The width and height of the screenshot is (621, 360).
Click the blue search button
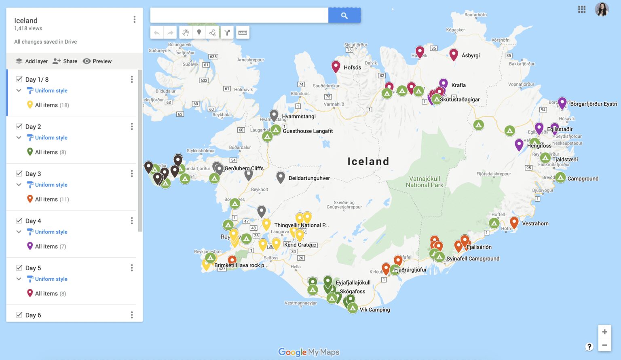344,15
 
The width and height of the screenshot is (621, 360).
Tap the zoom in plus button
604,332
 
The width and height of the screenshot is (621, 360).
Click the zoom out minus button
604,345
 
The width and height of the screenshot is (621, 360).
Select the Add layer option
32,61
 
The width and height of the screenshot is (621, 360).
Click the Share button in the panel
65,61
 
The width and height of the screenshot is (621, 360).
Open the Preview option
97,61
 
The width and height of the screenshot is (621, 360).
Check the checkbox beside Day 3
19,173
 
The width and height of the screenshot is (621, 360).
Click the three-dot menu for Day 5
132,268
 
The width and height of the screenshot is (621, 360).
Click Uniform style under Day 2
51,138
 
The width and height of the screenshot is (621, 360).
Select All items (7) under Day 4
50,246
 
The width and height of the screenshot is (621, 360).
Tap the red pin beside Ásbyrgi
454,54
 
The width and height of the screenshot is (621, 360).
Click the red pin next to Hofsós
336,66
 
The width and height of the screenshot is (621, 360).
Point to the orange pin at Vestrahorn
514,221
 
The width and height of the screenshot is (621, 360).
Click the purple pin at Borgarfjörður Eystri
562,102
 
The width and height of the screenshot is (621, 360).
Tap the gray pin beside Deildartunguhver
281,176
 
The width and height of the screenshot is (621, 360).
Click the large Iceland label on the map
368,162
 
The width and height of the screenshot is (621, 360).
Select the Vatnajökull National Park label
425,182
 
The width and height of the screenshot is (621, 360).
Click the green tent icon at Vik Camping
353,308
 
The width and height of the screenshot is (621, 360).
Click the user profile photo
602,9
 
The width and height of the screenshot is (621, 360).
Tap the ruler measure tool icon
243,32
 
